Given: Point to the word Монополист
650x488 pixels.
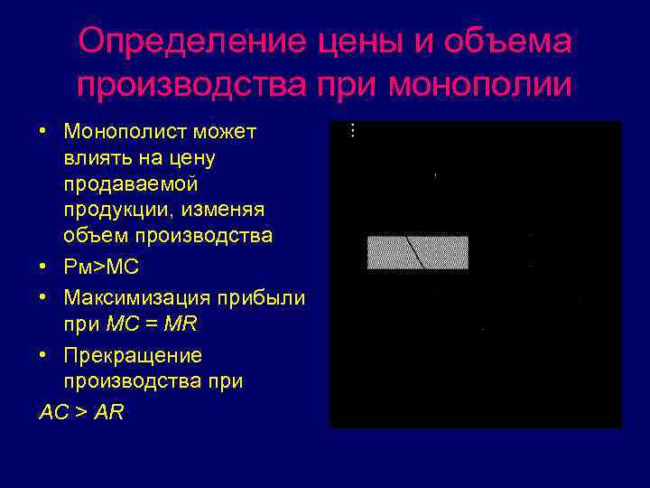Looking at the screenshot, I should click(123, 132).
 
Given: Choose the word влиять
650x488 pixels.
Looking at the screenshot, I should click(95, 158).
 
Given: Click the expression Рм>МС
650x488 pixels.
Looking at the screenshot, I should click(101, 268).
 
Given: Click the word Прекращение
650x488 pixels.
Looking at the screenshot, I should click(133, 355).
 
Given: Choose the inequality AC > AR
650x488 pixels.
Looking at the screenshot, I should click(82, 412).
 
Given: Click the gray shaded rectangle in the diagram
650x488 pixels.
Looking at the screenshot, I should click(417, 253).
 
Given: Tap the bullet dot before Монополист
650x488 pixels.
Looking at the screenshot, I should click(43, 132).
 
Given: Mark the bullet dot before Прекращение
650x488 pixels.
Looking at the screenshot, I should click(43, 355).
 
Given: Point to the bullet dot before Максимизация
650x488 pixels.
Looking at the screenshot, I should click(43, 297).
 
